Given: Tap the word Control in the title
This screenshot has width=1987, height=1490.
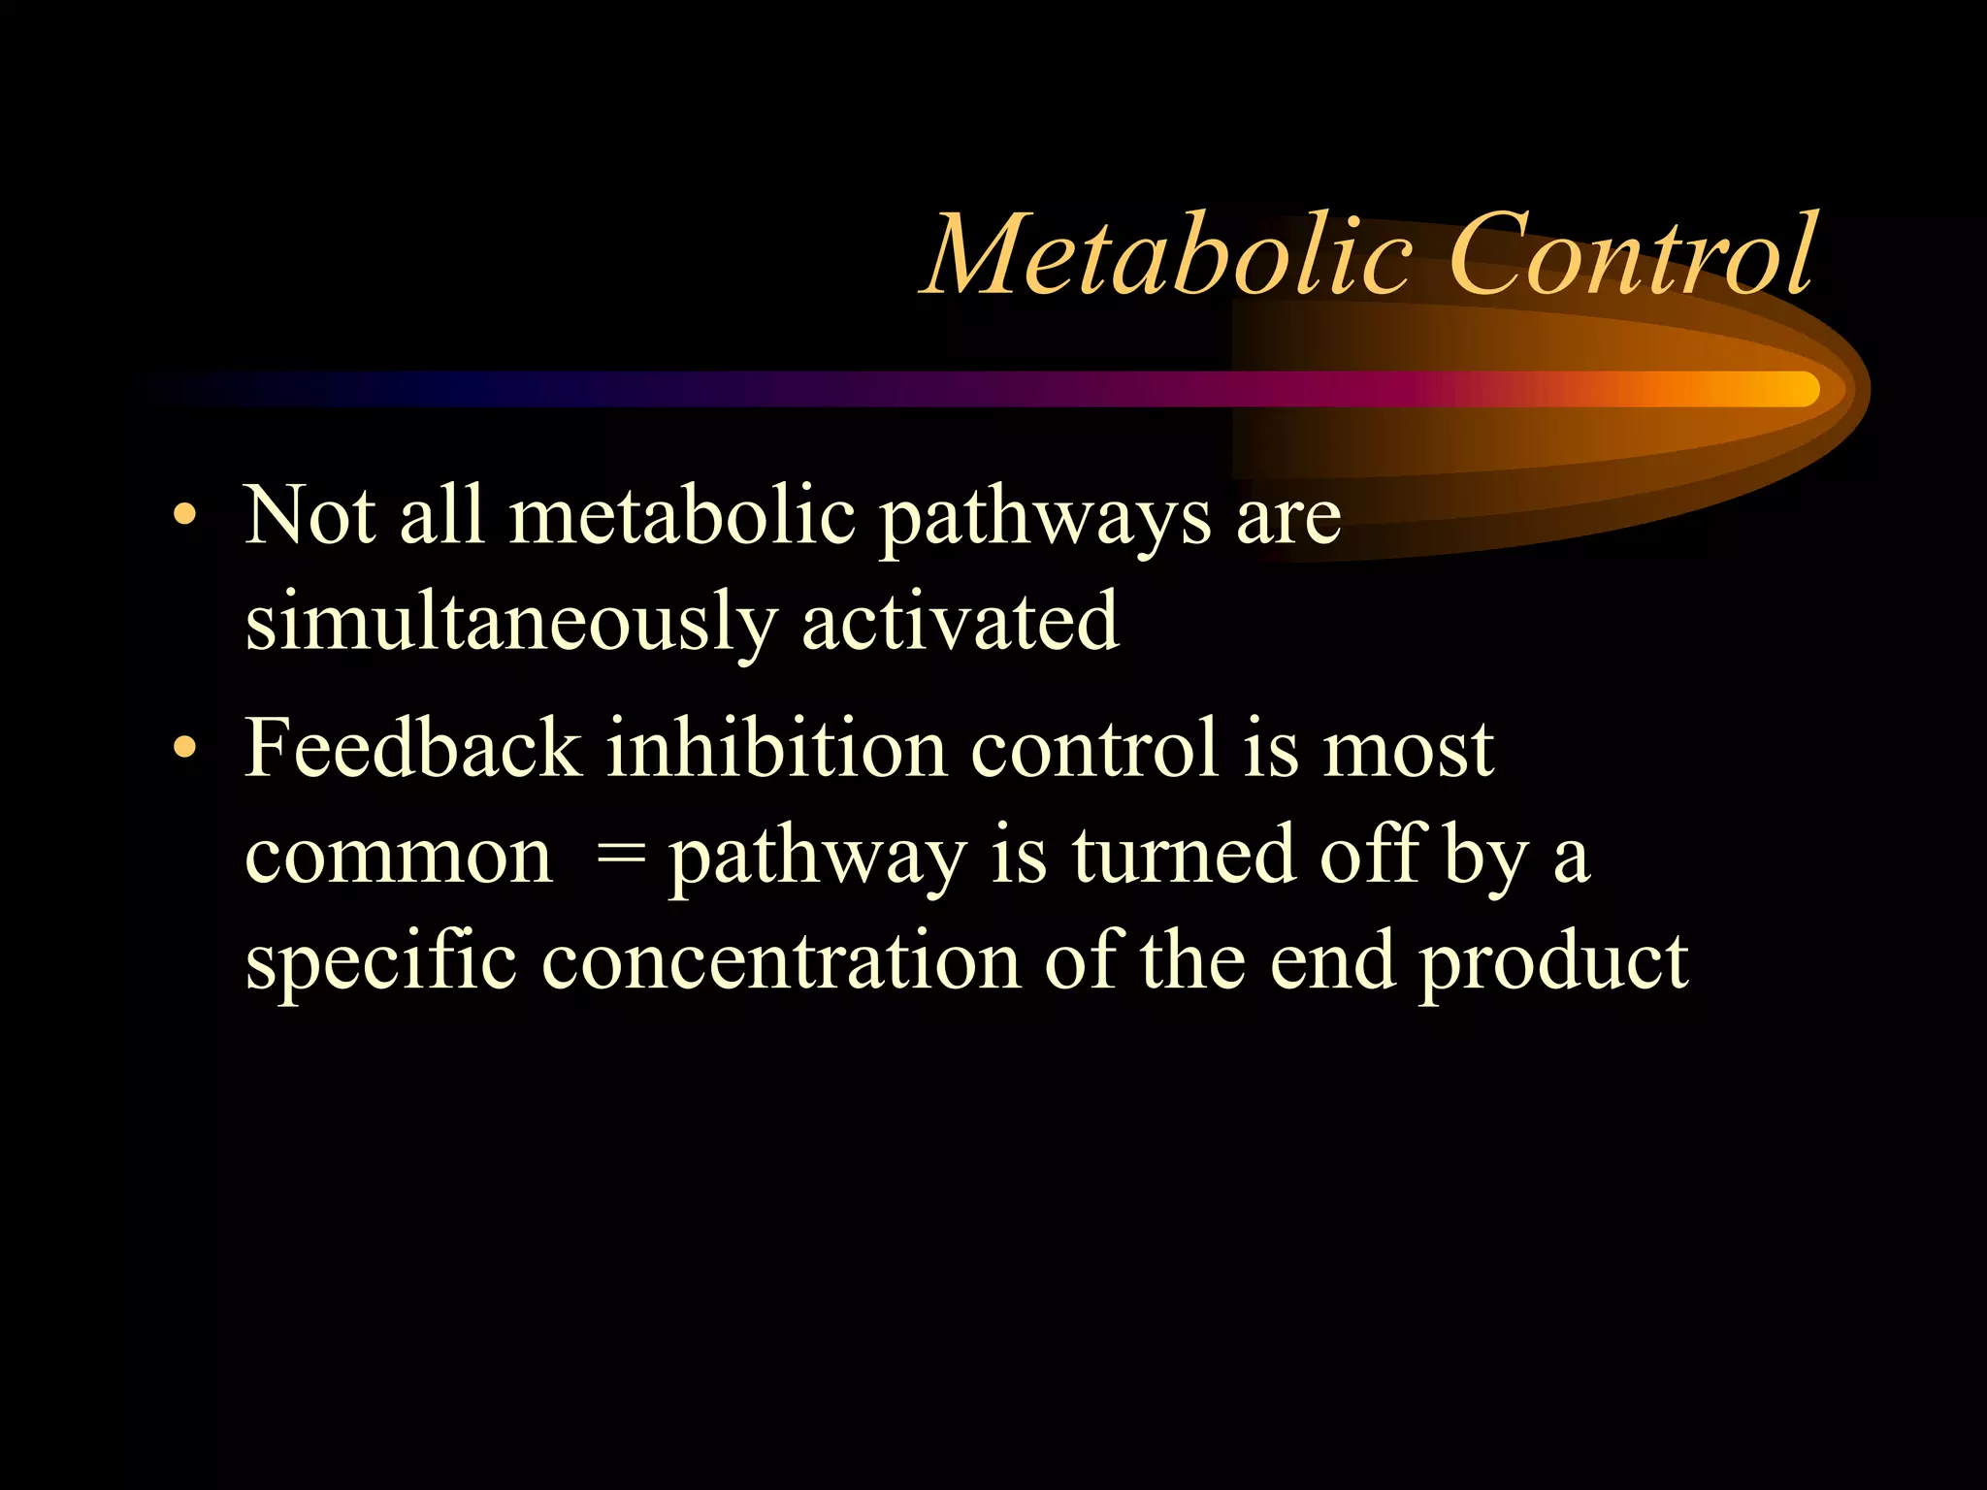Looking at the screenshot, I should pyautogui.click(x=1630, y=254).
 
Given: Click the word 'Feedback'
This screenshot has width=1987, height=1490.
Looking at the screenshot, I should pyautogui.click(x=412, y=749).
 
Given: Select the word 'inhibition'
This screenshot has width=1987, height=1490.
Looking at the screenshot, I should pyautogui.click(x=776, y=749).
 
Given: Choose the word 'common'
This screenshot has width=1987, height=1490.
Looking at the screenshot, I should pyautogui.click(x=398, y=858).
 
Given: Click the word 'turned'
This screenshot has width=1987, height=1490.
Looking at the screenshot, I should pyautogui.click(x=1184, y=856).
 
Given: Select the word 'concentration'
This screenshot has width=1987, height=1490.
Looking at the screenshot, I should pyautogui.click(x=780, y=962).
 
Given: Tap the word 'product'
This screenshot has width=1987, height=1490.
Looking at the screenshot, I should pyautogui.click(x=1552, y=962).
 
